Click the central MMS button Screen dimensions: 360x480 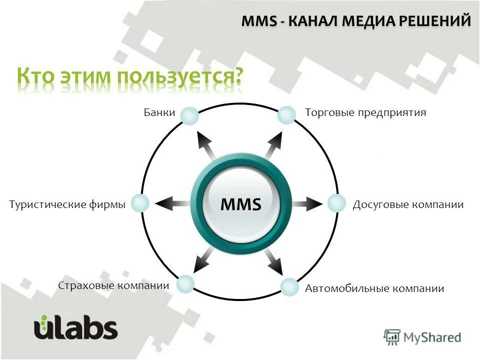240,204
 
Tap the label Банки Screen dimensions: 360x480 159,113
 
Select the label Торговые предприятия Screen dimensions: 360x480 365,113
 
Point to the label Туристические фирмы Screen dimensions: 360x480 67,204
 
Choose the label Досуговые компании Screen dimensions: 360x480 408,205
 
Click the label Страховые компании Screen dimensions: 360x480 113,286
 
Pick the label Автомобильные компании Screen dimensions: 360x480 374,288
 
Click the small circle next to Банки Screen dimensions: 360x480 189,116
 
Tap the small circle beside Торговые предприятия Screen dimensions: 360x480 286,115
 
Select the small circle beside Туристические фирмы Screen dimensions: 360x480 140,203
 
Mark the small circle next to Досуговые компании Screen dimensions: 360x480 336,203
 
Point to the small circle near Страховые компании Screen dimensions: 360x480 185,284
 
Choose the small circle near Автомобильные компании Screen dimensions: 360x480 289,286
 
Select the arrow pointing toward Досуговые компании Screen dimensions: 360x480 307,203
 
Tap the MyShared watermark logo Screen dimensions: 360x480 422,337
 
